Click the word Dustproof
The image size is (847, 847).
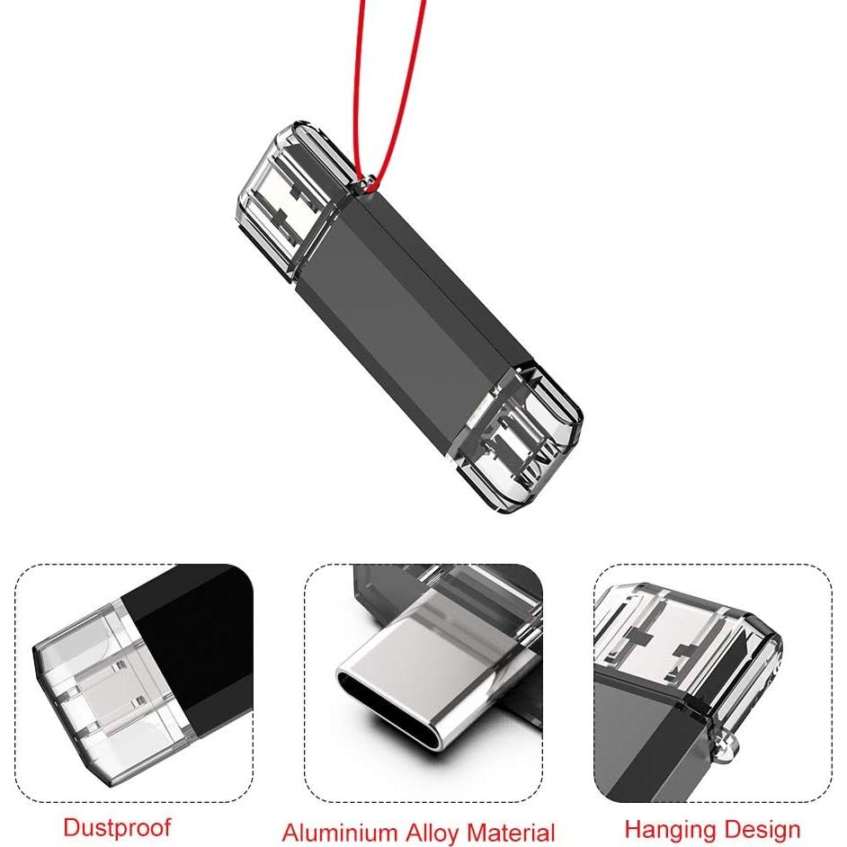pyautogui.click(x=116, y=826)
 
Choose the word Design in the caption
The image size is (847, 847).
pyautogui.click(x=759, y=828)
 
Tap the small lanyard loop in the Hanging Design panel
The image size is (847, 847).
pyautogui.click(x=728, y=743)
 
